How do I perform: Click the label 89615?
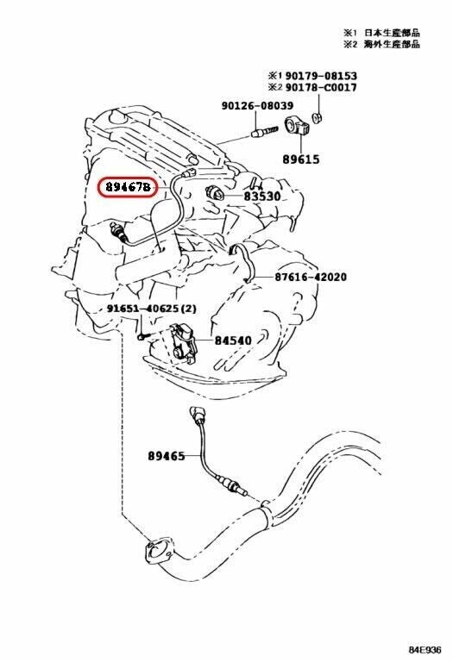tap(300, 159)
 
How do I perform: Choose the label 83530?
tap(262, 197)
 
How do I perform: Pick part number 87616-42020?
tap(311, 278)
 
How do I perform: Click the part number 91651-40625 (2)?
tap(153, 309)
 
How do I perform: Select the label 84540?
tap(233, 340)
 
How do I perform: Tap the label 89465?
tap(166, 456)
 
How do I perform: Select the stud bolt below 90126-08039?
tap(262, 132)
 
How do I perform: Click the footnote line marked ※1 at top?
tap(380, 33)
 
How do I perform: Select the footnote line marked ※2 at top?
tap(380, 44)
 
